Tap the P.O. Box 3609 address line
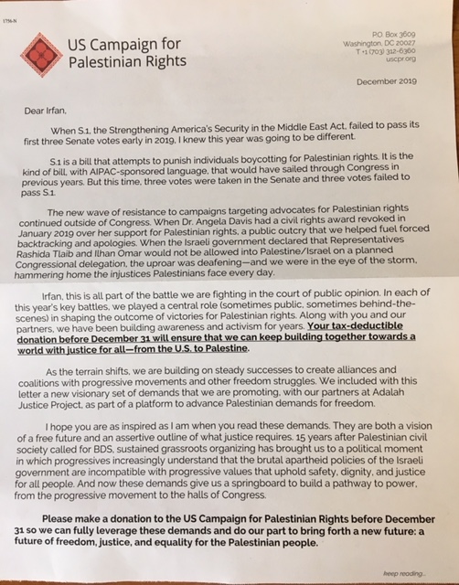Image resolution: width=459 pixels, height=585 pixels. click(x=390, y=33)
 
